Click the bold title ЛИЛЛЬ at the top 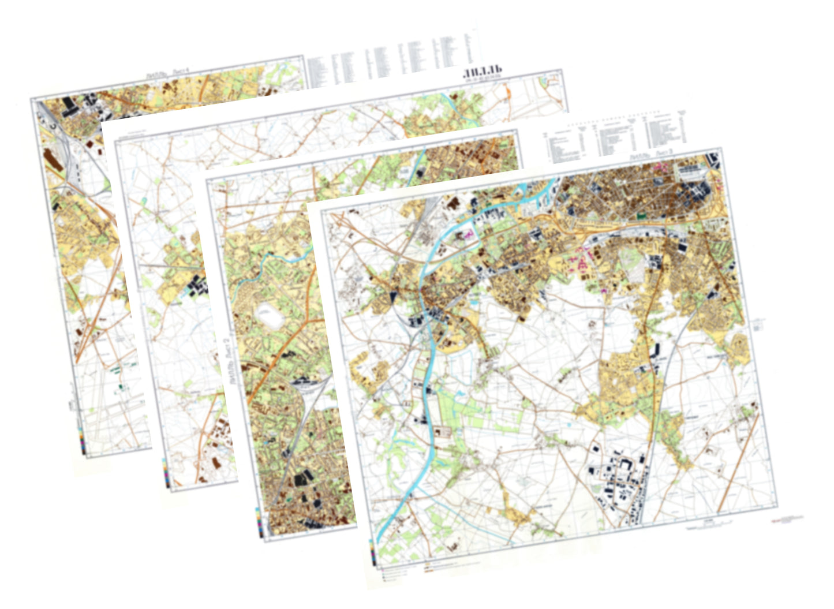coord(483,72)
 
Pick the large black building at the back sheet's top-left coord(69,107)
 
